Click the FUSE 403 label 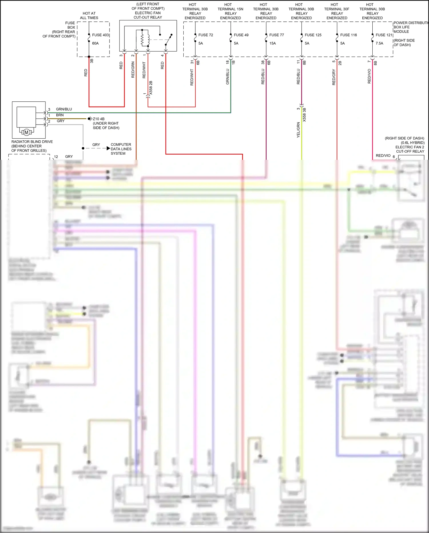coord(100,35)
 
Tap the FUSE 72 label coord(206,35)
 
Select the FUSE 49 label coord(241,35)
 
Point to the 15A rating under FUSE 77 coord(273,43)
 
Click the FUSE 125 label coord(313,35)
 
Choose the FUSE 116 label coord(348,35)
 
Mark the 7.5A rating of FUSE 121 coord(379,43)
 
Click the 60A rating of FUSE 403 coord(95,43)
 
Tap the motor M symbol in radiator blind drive coord(27,132)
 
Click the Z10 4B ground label coord(99,119)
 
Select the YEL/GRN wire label coord(298,130)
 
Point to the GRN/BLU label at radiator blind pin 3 coord(64,109)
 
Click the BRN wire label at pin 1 coord(60,115)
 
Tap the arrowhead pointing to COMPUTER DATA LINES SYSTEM coord(108,148)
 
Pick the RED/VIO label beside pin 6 coord(383,156)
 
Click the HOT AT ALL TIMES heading coord(89,15)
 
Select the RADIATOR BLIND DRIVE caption coord(32,142)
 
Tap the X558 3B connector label coord(304,115)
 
